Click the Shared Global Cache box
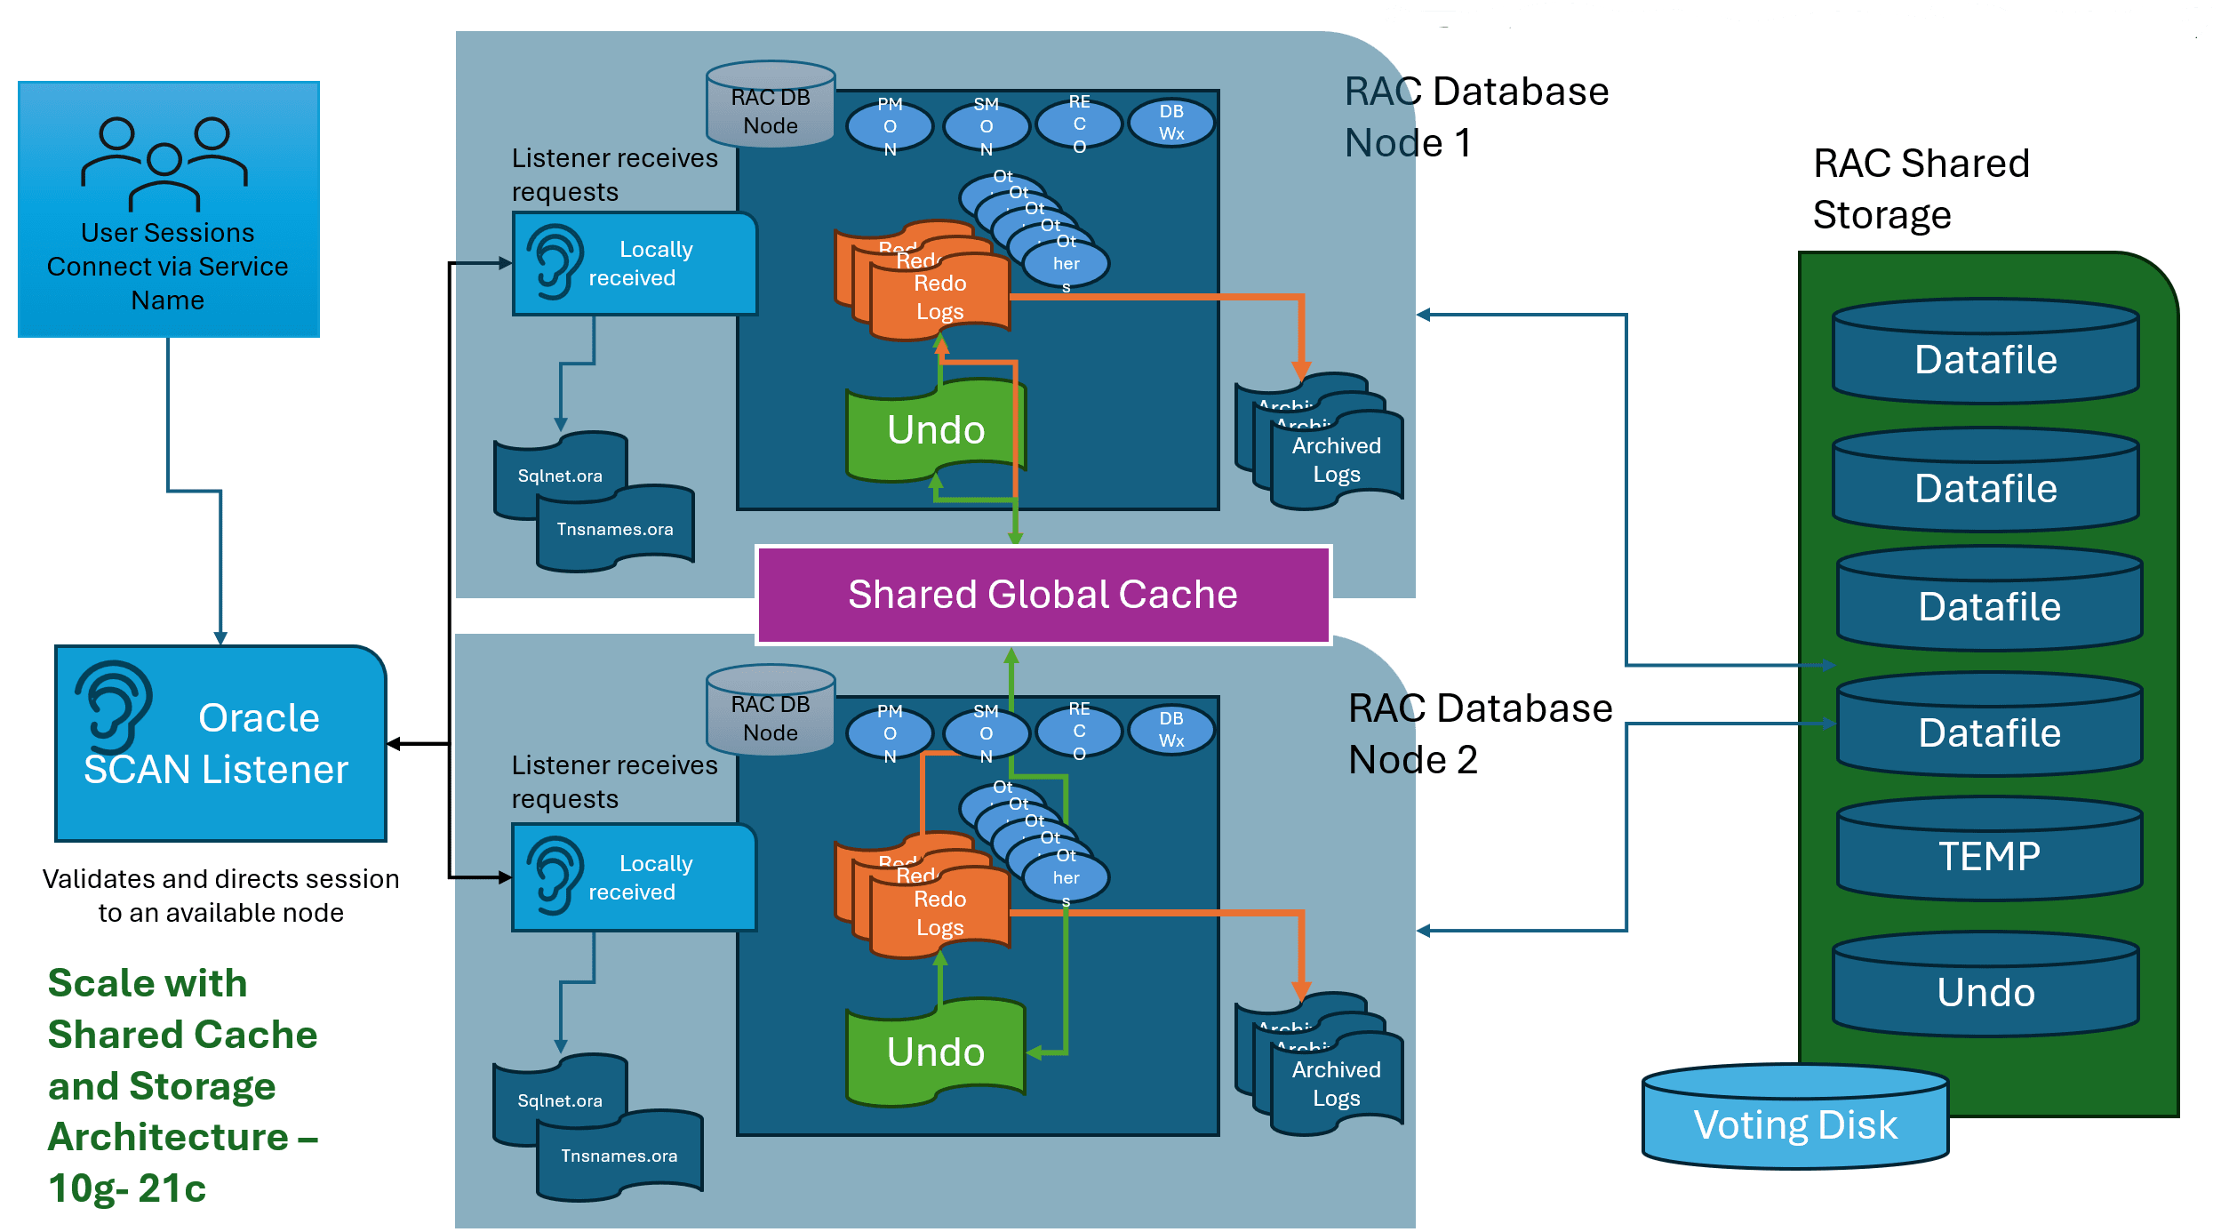[1043, 595]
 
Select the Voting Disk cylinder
[1795, 1122]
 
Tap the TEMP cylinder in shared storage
[1989, 855]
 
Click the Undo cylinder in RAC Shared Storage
[1985, 990]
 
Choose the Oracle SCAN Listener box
[220, 744]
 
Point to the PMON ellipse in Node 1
[890, 126]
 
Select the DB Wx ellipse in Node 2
[1171, 730]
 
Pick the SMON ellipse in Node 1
[987, 126]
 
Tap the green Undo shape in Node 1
[936, 430]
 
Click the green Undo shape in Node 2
[936, 1052]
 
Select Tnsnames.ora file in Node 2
[619, 1156]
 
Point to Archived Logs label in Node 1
[1336, 460]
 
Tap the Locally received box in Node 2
[634, 878]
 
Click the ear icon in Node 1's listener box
[555, 261]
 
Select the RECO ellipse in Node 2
[1079, 731]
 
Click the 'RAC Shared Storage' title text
[1921, 188]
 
